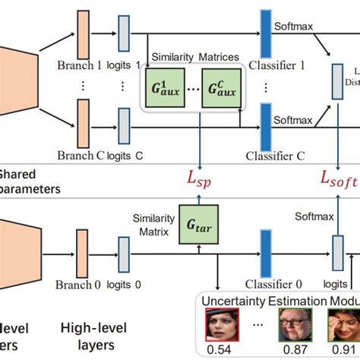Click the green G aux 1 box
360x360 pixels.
click(166, 92)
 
